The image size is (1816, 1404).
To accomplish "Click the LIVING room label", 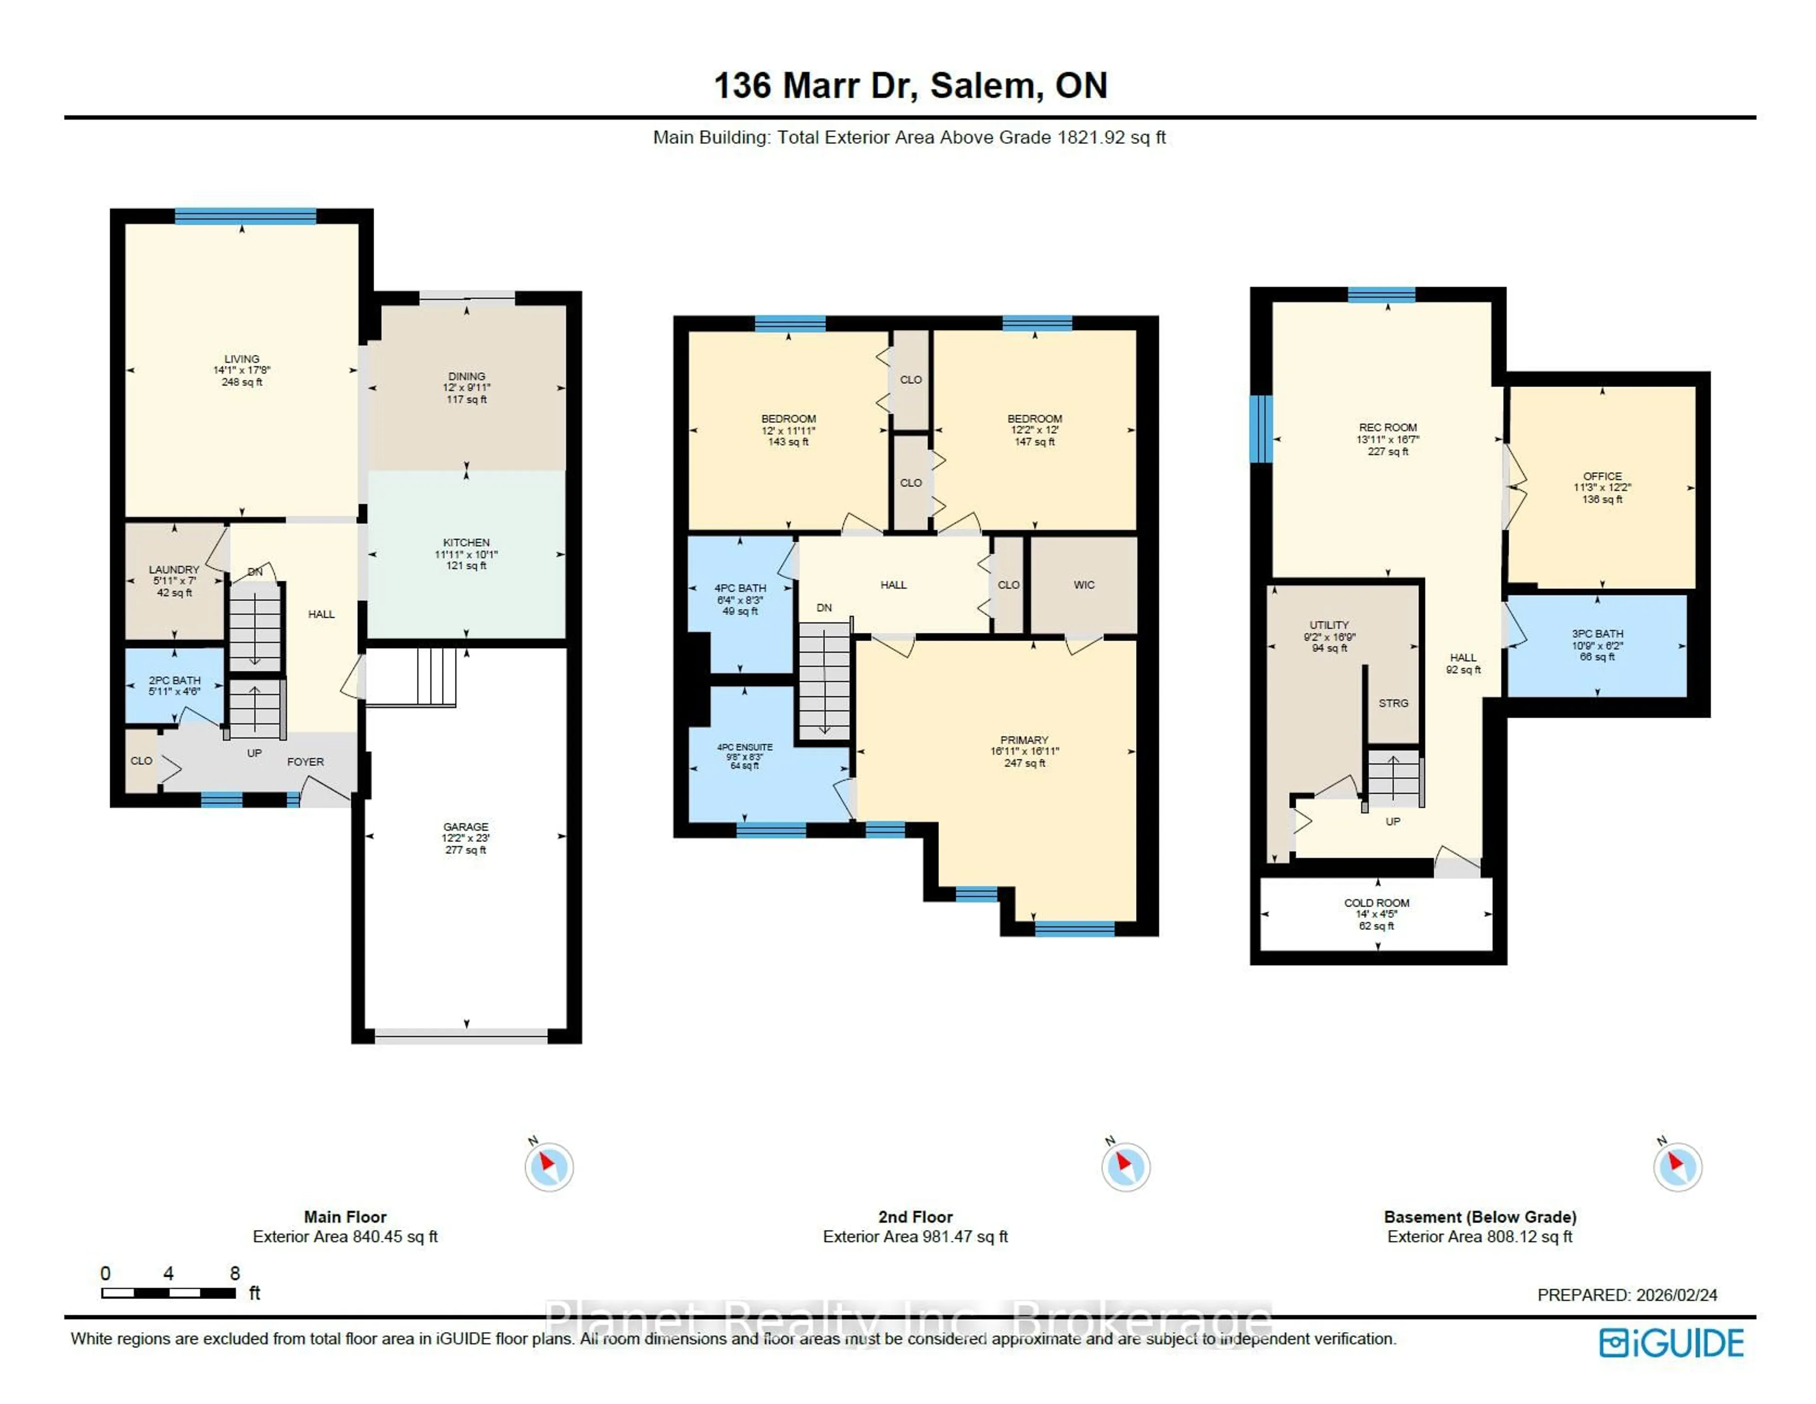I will [x=241, y=360].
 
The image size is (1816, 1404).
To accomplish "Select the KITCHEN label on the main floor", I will [x=466, y=543].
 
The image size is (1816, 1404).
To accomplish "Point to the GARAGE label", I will [x=466, y=827].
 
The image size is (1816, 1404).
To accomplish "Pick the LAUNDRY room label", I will [x=174, y=570].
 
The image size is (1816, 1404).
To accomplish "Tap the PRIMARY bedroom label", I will [x=1023, y=740].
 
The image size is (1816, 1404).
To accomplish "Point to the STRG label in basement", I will [x=1393, y=703].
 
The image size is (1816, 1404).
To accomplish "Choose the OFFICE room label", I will [x=1601, y=477].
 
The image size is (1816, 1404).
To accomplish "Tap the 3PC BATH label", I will [x=1597, y=633].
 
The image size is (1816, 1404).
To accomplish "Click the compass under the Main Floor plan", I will [x=549, y=1166].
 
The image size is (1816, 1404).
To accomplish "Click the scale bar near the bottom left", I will [x=169, y=1292].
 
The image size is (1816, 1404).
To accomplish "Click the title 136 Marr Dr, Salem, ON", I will [x=910, y=86].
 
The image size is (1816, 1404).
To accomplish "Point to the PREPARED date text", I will [x=1626, y=1295].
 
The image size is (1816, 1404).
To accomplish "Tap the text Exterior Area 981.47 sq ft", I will [x=915, y=1237].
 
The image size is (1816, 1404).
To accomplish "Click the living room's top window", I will [x=245, y=216].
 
